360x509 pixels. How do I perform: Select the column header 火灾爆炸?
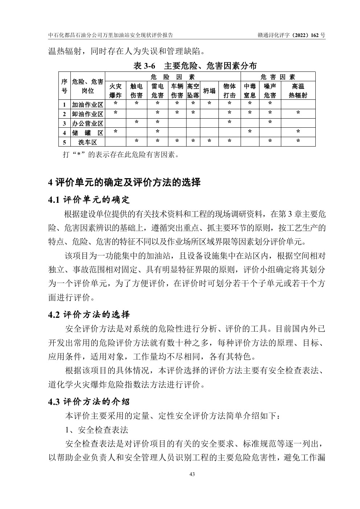115,91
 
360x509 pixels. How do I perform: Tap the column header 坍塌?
209,91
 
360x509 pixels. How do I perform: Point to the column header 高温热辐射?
298,91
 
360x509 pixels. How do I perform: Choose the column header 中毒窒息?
250,91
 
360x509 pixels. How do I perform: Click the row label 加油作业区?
87,105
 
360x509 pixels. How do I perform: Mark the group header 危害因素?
278,77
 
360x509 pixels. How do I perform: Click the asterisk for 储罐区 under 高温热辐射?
298,132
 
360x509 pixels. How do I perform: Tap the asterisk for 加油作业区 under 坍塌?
209,103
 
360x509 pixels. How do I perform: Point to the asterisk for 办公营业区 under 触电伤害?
136,122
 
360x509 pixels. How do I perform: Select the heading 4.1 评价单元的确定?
89,200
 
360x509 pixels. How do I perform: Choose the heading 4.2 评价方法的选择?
89,315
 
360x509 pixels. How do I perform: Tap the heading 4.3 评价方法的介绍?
89,402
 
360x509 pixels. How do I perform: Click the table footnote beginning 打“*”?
121,155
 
